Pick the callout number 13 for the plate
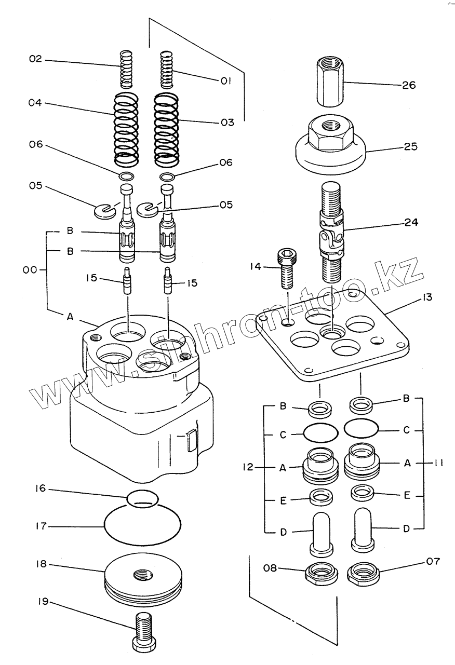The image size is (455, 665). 426,297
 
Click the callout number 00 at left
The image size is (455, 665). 30,270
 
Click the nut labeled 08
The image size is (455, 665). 321,572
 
